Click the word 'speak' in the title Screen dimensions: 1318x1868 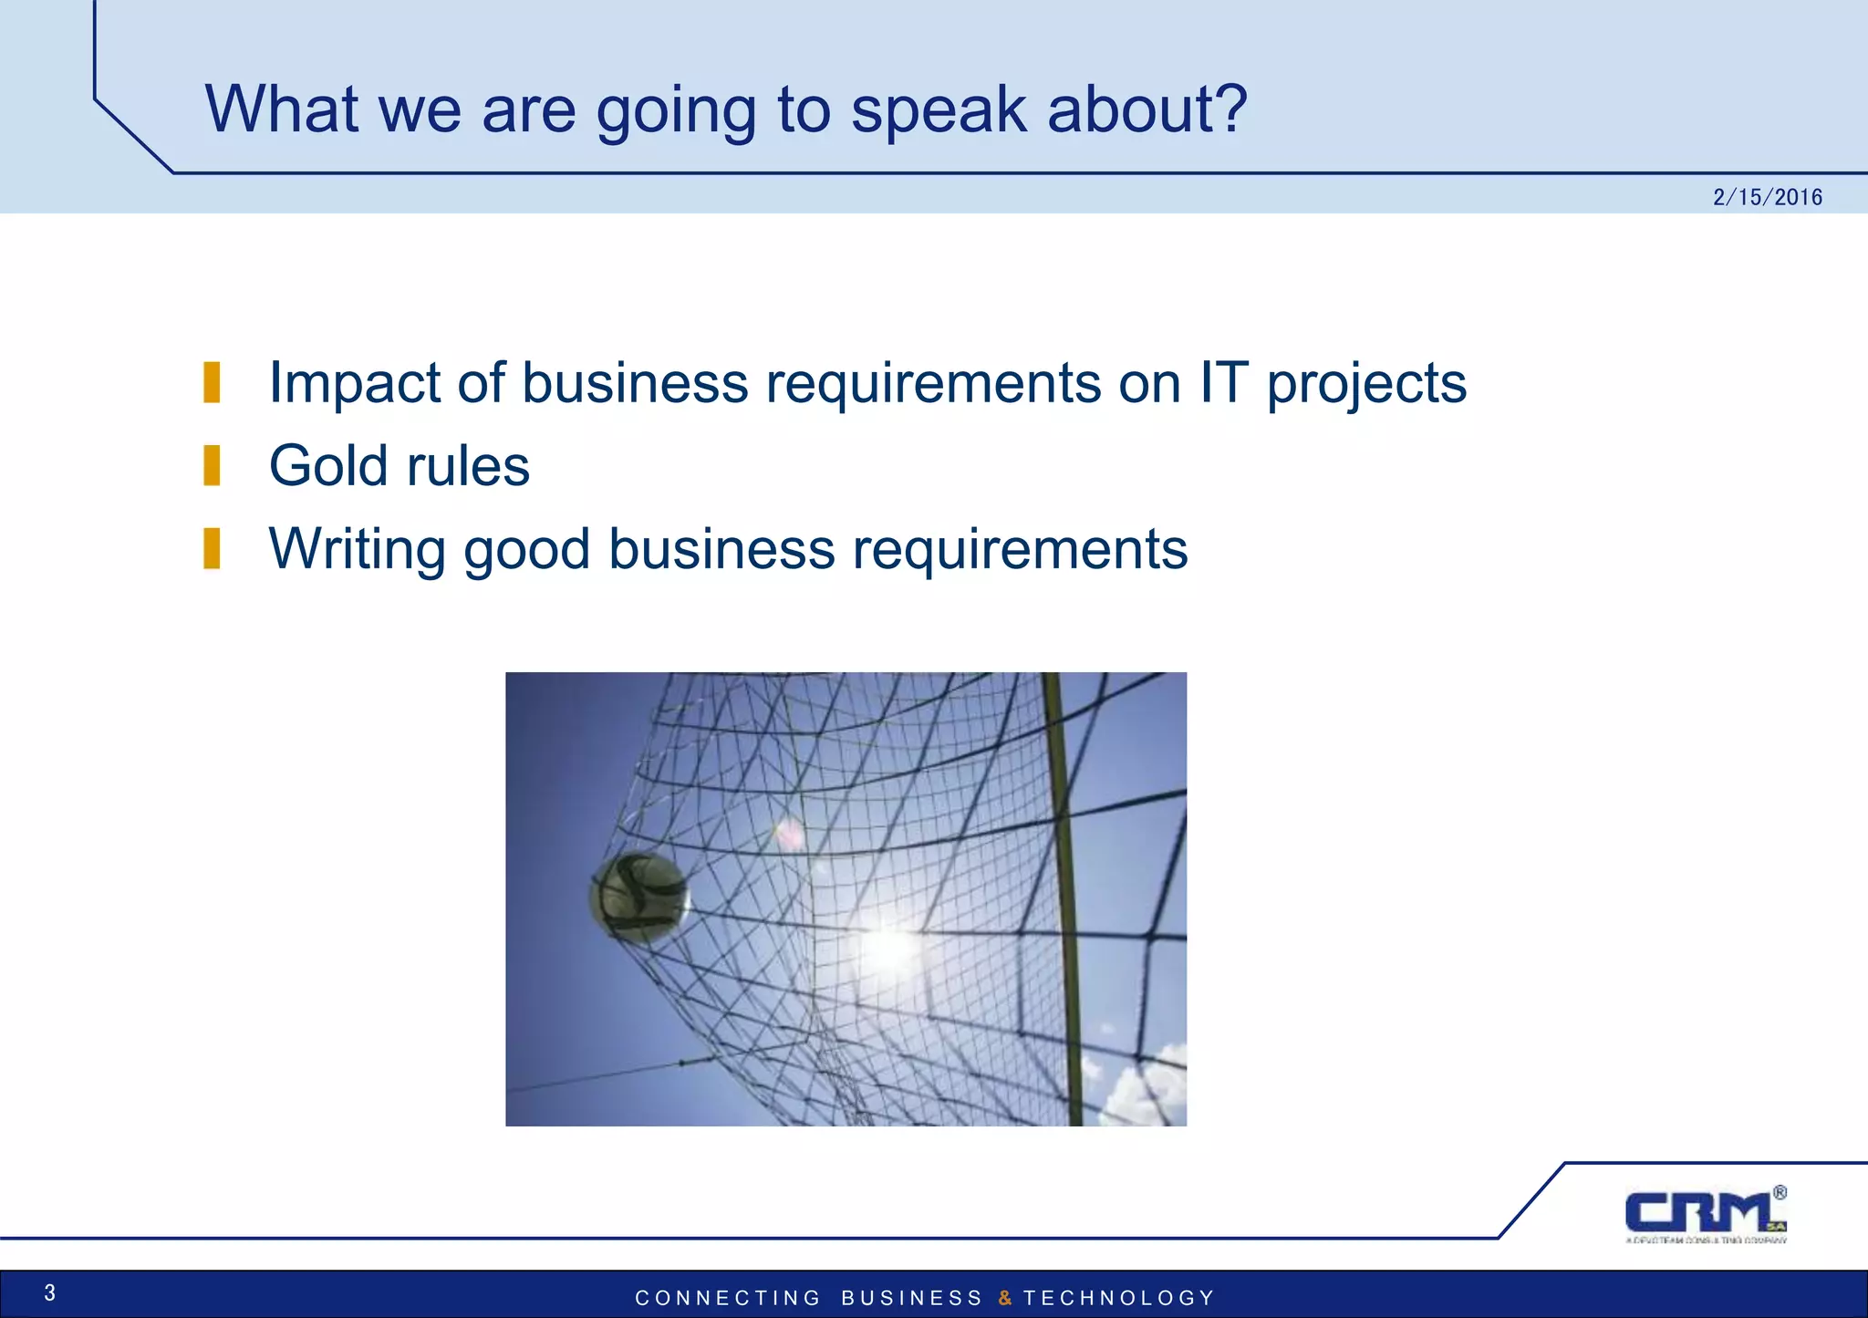939,109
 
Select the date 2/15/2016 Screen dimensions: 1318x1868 1767,197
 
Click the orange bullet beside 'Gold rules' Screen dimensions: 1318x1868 212,465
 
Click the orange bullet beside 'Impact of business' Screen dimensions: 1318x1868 212,381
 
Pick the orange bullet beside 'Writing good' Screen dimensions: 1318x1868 212,548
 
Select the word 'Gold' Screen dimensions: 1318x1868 328,465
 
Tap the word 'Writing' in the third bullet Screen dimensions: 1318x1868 357,550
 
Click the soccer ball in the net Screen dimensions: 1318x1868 639,898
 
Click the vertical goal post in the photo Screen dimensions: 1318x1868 1063,898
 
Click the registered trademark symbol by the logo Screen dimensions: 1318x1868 1780,1192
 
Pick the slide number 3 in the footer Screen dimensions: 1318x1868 50,1292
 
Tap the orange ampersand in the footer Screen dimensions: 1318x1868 1004,1298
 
